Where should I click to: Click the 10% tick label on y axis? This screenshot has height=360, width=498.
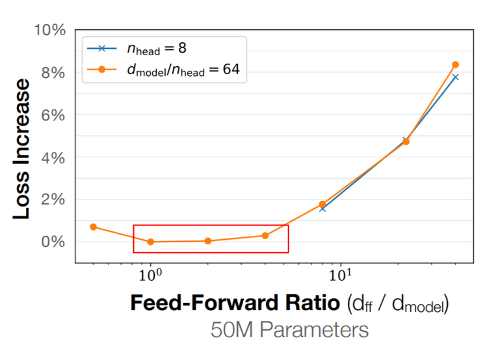[50, 31]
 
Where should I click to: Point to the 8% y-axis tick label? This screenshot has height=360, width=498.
[53, 73]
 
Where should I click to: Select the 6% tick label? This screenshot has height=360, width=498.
[53, 115]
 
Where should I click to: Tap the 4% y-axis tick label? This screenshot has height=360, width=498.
[53, 157]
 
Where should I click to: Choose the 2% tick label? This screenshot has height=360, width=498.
[53, 199]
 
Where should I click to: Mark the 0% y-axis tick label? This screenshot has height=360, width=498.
[53, 242]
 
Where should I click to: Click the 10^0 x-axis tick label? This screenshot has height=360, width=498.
[151, 275]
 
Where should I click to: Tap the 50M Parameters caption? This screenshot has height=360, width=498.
[289, 329]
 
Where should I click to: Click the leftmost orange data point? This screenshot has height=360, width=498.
[94, 227]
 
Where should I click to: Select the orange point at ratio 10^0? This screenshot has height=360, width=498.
[151, 242]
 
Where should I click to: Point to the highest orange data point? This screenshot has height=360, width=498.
[455, 65]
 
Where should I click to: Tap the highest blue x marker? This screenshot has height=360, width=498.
[455, 77]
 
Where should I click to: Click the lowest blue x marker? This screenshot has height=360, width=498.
[322, 209]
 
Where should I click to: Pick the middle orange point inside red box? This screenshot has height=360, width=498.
[208, 240]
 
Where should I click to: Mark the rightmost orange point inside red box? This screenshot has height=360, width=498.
[265, 235]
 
